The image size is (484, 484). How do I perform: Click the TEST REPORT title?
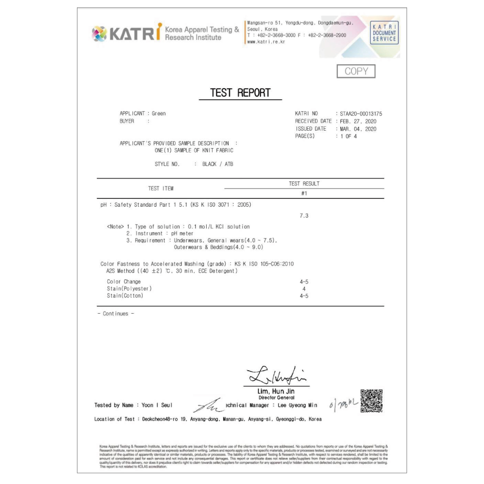pos(240,93)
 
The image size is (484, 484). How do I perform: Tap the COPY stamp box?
pos(356,71)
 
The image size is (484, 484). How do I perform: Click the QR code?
pos(372,401)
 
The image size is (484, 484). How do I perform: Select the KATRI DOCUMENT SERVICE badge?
pos(384,33)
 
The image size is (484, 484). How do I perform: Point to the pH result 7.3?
pos(304,216)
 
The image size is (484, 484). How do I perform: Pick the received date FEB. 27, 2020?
pos(358,121)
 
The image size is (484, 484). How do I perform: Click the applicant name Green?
pos(159,114)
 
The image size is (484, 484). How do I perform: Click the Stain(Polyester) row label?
pos(129,289)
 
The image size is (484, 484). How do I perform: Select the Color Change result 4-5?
pos(304,282)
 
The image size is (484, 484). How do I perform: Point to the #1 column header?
pos(304,194)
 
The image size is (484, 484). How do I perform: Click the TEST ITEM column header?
pos(161,188)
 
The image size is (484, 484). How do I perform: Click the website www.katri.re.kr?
pos(266,42)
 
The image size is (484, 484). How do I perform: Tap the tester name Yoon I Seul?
pos(157,405)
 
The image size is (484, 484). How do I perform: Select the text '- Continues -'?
pos(116,314)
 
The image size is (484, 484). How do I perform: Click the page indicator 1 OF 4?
pos(348,136)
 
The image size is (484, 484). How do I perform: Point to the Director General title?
pos(276,397)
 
